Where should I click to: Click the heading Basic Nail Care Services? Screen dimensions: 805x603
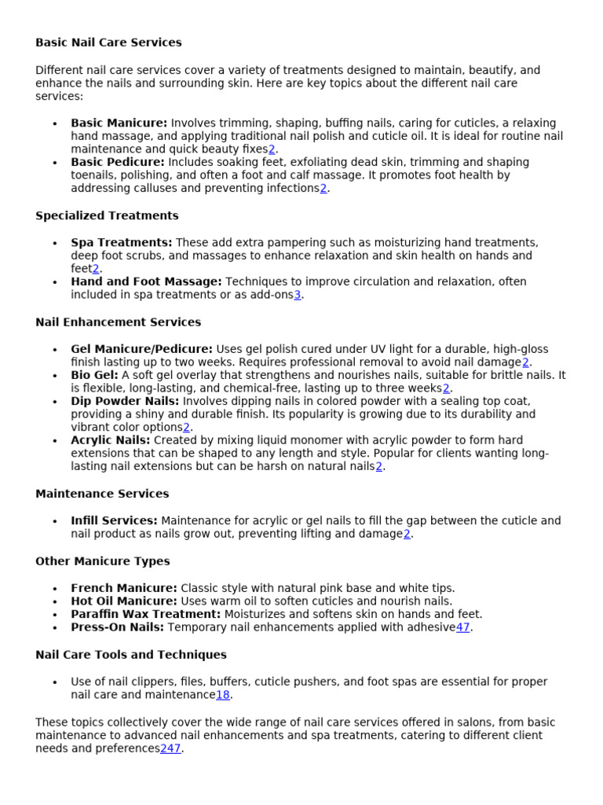pyautogui.click(x=108, y=42)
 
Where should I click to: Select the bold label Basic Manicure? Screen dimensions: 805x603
pyautogui.click(x=119, y=123)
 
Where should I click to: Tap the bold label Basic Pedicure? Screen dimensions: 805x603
pyautogui.click(x=118, y=163)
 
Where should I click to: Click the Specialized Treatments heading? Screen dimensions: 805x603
pyautogui.click(x=107, y=215)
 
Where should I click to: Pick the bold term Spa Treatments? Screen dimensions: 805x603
pyautogui.click(x=122, y=243)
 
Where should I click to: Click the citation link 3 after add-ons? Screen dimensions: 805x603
pyautogui.click(x=298, y=295)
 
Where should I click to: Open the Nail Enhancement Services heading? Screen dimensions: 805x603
pyautogui.click(x=118, y=322)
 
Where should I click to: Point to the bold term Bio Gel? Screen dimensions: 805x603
pyautogui.click(x=95, y=376)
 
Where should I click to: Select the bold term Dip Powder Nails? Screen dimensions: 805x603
pyautogui.click(x=125, y=402)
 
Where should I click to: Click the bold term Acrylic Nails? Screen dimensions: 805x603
pyautogui.click(x=110, y=441)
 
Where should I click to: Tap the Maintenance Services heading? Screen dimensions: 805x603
pyautogui.click(x=102, y=494)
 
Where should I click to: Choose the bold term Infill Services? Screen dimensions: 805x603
pyautogui.click(x=114, y=521)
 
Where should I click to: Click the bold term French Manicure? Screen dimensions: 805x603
pyautogui.click(x=124, y=588)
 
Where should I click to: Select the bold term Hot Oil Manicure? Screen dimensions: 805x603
pyautogui.click(x=124, y=601)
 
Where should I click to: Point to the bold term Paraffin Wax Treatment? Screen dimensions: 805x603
pyautogui.click(x=146, y=614)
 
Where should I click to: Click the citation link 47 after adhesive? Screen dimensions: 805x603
pyautogui.click(x=463, y=627)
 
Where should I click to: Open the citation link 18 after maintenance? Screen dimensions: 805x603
pyautogui.click(x=223, y=695)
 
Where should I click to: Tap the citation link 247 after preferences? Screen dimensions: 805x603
pyautogui.click(x=170, y=748)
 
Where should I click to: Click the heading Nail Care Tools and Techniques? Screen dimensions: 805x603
pyautogui.click(x=131, y=655)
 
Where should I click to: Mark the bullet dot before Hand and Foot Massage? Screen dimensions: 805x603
pyautogui.click(x=54, y=282)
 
